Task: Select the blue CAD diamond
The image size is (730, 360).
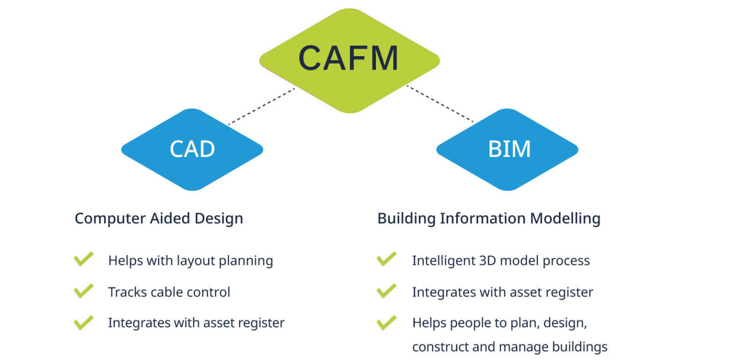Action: pos(192,149)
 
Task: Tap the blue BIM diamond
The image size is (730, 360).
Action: pos(507,149)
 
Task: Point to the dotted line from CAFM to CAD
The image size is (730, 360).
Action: pos(261,107)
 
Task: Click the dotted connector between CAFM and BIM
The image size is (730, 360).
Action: pos(440,105)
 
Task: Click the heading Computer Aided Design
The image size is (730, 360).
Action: pos(159,218)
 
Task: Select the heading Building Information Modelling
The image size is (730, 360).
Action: pos(489,218)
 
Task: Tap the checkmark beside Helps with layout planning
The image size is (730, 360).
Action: pos(84,259)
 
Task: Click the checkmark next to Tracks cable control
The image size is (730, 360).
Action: pos(84,291)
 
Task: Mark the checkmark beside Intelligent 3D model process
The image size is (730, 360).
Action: pos(386,259)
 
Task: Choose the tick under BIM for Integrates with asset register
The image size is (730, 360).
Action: pos(386,291)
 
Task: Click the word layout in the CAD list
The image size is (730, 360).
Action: pos(195,261)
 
